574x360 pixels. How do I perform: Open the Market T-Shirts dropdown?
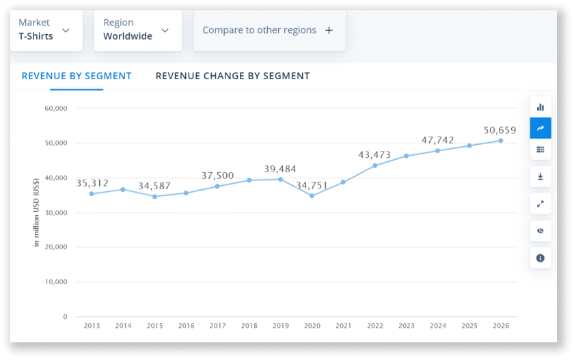[x=45, y=30]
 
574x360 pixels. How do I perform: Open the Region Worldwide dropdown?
[x=137, y=30]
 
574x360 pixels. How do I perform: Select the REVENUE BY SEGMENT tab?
[x=77, y=76]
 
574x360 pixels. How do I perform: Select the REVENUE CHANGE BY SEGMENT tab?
[x=232, y=76]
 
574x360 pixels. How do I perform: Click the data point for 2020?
[x=312, y=196]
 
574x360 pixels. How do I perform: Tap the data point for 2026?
[x=501, y=141]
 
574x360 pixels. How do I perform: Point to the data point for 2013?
[x=92, y=194]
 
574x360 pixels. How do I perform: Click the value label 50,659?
[x=500, y=130]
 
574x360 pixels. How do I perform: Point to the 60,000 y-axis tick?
[x=55, y=109]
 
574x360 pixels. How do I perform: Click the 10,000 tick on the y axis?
[x=55, y=282]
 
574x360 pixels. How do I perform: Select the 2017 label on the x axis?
[x=217, y=326]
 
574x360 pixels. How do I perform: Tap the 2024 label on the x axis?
[x=438, y=326]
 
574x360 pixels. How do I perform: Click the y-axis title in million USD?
[x=36, y=212]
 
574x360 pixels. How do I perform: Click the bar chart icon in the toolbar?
[x=541, y=107]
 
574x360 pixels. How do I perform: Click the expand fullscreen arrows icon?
[x=541, y=204]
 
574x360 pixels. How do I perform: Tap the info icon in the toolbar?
[x=541, y=258]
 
